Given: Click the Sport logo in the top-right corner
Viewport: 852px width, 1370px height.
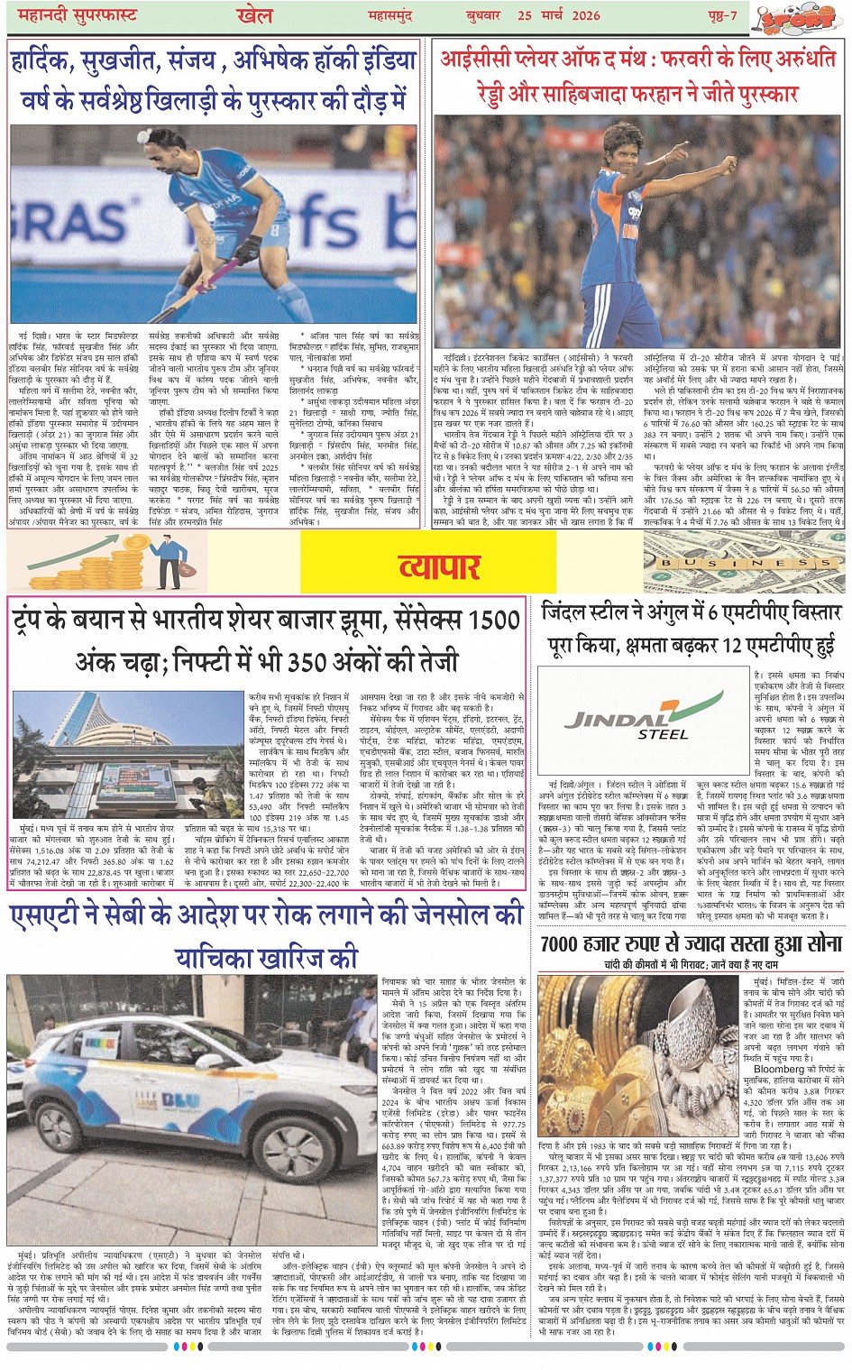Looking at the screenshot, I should [797, 18].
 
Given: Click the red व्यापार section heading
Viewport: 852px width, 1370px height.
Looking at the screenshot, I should [439, 565].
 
